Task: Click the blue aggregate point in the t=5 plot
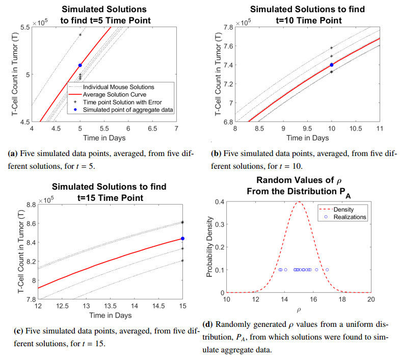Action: (80, 65)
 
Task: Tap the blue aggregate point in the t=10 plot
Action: (331, 65)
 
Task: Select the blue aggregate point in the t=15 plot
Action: (182, 239)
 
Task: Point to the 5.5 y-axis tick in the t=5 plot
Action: (21, 26)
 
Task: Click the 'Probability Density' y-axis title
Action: (209, 247)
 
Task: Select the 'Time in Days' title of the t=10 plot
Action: (307, 138)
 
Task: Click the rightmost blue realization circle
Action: (327, 270)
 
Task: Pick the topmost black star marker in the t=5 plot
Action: (80, 35)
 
